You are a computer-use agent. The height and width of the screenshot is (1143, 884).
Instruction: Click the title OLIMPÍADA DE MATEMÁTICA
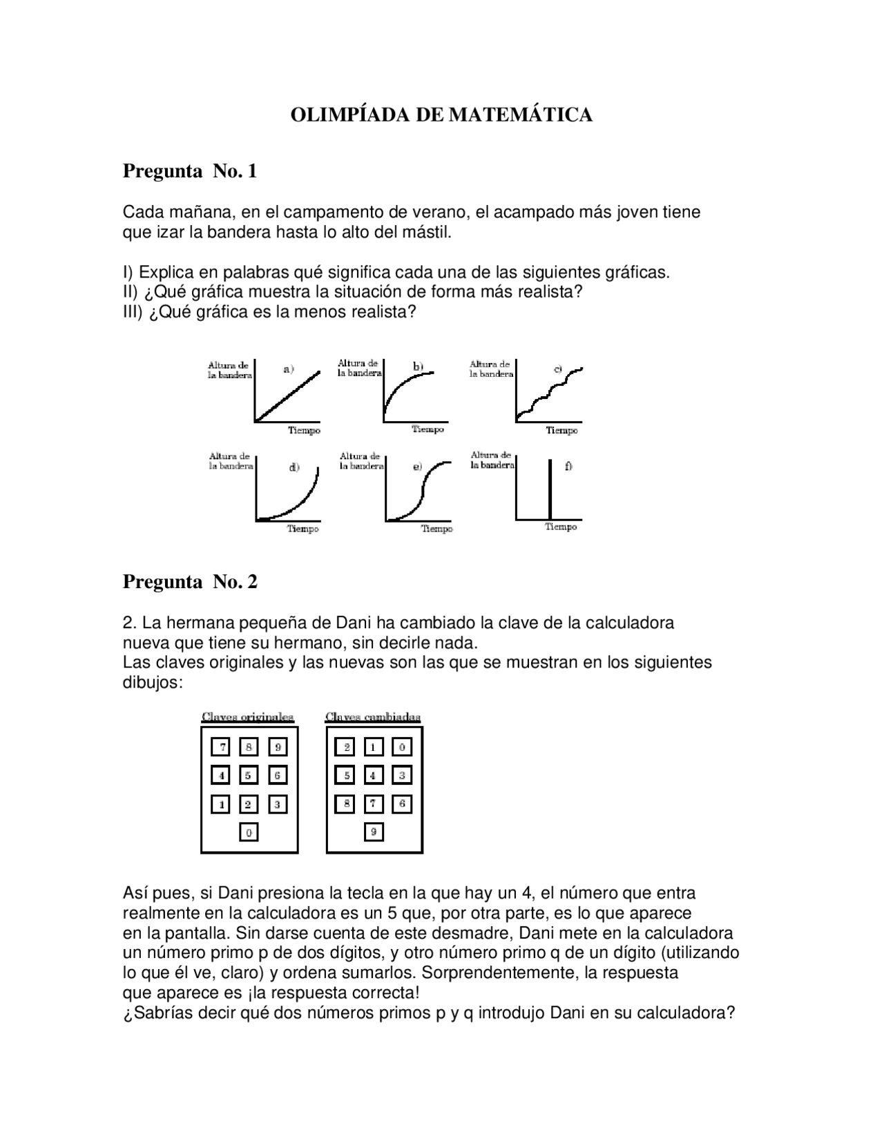(x=441, y=115)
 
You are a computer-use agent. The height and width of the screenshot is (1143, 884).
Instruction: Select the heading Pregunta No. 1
(x=190, y=171)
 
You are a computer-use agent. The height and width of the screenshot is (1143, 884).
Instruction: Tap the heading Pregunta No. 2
(x=190, y=582)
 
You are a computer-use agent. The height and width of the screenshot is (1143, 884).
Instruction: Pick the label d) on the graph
(x=294, y=467)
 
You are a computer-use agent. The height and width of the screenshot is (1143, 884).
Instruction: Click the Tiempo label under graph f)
(x=561, y=527)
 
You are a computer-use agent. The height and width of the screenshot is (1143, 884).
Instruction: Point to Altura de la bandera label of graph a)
(x=229, y=370)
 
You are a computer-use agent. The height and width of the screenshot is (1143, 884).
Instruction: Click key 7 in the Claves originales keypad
(x=222, y=747)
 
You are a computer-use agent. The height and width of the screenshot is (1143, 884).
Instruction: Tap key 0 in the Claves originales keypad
(x=249, y=832)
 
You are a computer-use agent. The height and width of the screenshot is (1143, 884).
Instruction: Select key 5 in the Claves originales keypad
(x=249, y=775)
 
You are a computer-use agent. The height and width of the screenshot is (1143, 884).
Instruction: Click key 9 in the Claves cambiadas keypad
(x=373, y=832)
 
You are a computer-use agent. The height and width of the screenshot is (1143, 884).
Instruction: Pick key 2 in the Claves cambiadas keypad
(x=346, y=747)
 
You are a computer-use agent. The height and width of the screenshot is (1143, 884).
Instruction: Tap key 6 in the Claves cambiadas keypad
(x=401, y=803)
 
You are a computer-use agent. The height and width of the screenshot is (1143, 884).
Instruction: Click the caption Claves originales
(x=247, y=717)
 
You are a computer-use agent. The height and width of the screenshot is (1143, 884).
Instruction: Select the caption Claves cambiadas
(x=373, y=717)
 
